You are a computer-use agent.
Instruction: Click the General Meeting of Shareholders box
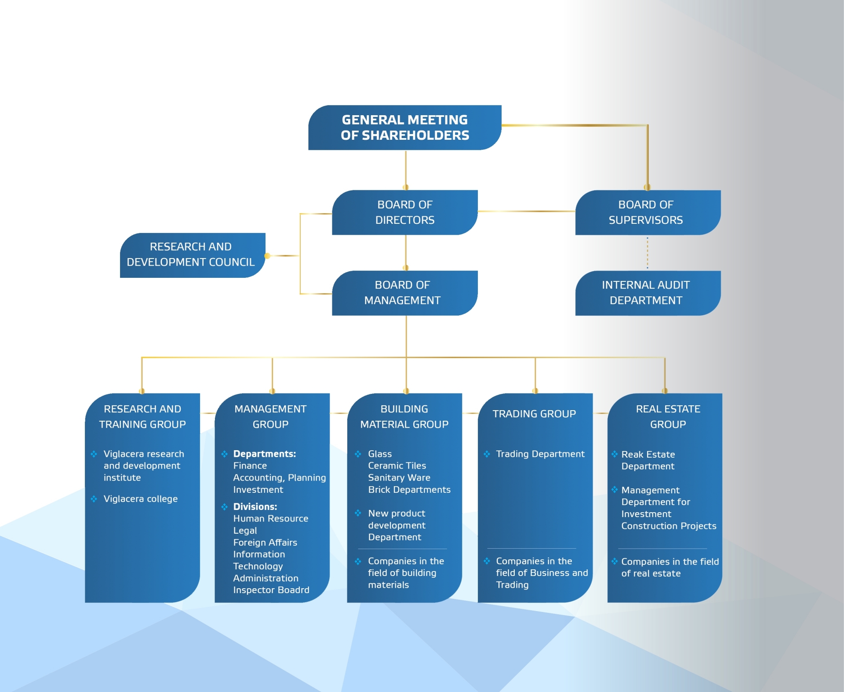[x=405, y=127]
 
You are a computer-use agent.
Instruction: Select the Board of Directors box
[x=405, y=212]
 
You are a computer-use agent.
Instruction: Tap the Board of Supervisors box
[x=648, y=212]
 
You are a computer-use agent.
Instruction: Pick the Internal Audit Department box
[x=648, y=293]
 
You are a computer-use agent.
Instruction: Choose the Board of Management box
[x=405, y=293]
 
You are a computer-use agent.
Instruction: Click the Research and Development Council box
[x=193, y=255]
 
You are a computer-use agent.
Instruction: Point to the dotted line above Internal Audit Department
[x=648, y=253]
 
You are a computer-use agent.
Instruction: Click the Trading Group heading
[x=534, y=414]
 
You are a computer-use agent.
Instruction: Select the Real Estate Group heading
[x=668, y=416]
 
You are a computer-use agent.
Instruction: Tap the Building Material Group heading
[x=404, y=416]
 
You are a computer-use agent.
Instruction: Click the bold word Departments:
[x=265, y=454]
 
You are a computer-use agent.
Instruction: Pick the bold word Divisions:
[x=255, y=506]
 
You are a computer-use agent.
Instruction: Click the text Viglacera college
[x=141, y=499]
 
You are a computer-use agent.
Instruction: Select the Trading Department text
[x=540, y=454]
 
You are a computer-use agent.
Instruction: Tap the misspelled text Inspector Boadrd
[x=271, y=590]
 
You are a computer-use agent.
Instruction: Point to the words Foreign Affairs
[x=265, y=543]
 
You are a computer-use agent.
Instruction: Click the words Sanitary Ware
[x=399, y=477]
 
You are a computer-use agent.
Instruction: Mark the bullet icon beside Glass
[x=358, y=454]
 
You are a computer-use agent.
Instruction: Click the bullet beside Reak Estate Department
[x=615, y=454]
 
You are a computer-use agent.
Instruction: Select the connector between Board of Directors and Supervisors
[x=527, y=211]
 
